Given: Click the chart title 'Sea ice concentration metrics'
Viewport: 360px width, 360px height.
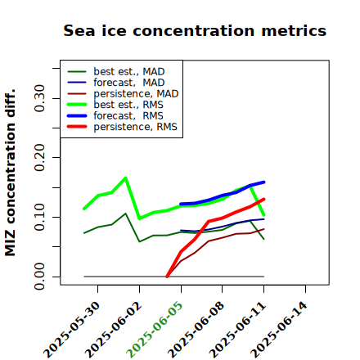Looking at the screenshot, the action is (x=195, y=30).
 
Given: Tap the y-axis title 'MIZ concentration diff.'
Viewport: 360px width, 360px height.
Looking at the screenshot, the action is (x=11, y=173).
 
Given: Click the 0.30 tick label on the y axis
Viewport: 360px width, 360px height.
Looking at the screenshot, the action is (x=40, y=98).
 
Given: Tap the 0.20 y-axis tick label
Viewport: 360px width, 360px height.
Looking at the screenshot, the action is (x=40, y=157).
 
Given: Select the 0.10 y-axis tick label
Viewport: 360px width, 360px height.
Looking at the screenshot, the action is (x=40, y=217).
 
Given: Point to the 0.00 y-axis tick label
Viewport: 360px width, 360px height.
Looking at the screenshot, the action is (x=40, y=277).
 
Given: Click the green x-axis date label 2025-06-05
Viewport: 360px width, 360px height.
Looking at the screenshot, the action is (x=155, y=330).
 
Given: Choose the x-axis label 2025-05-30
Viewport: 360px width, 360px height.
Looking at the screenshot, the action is (x=71, y=330).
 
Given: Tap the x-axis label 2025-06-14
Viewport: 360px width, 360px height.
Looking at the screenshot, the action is (x=279, y=330).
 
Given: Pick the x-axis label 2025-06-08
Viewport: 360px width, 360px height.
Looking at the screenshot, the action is (x=196, y=330).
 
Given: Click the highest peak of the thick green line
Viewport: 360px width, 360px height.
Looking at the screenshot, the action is (x=125, y=178).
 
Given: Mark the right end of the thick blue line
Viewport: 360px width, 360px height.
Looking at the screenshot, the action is (x=264, y=182).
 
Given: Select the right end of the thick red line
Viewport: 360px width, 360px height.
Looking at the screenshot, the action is (x=263, y=200).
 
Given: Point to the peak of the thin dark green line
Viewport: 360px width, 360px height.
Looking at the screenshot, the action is (x=125, y=214).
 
